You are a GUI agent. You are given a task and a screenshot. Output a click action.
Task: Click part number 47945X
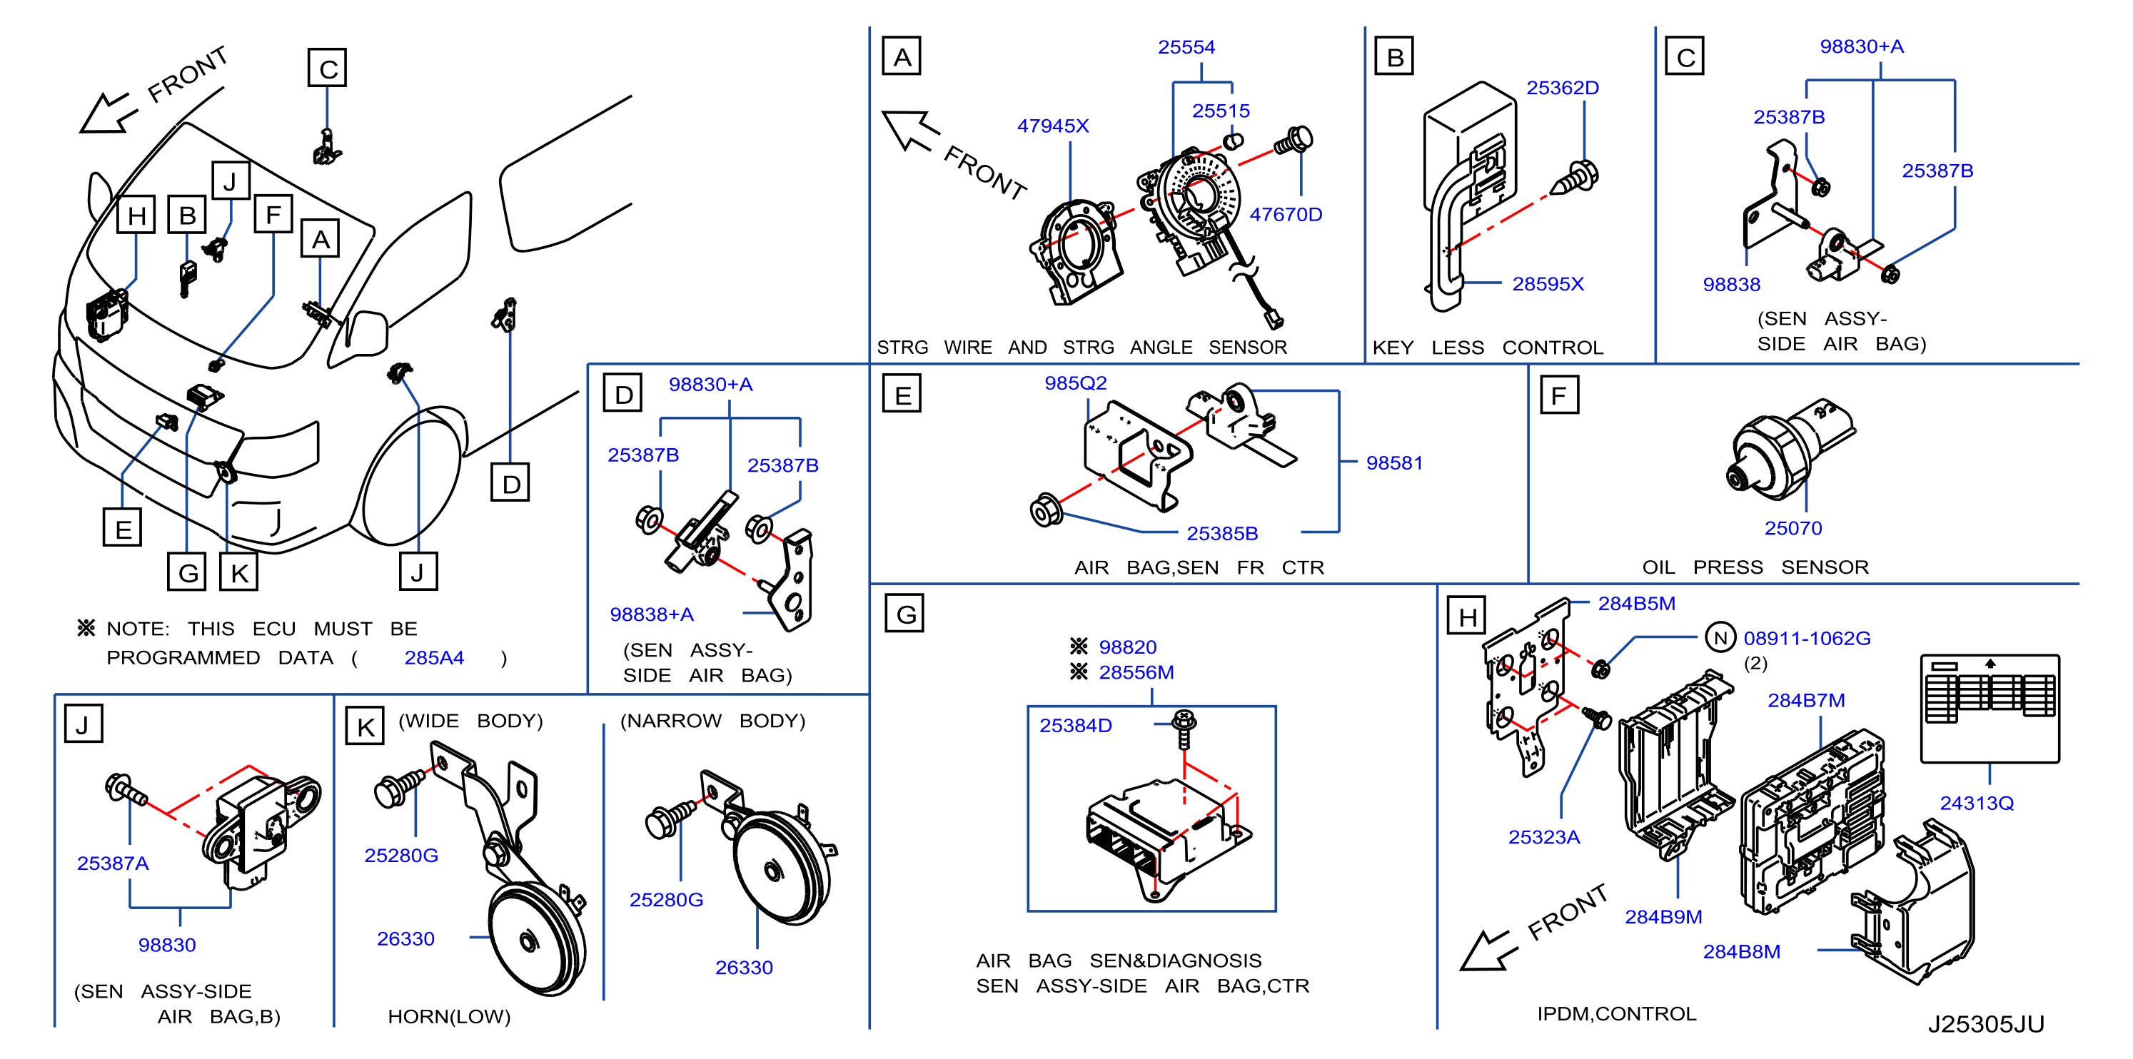click(1052, 126)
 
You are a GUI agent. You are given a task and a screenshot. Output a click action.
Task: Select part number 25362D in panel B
click(1562, 88)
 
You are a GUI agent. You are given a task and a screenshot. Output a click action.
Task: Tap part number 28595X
click(1548, 284)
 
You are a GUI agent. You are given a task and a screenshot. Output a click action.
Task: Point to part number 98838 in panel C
click(1730, 285)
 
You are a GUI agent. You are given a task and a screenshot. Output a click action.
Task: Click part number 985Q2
click(1075, 383)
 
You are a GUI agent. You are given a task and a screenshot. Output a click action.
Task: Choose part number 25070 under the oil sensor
click(1792, 528)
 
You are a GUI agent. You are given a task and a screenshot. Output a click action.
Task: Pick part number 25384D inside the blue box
click(1075, 725)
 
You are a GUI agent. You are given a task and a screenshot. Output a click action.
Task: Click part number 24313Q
click(1977, 803)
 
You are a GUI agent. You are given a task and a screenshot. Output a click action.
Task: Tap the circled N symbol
click(1720, 637)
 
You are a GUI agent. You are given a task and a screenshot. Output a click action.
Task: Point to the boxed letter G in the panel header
click(904, 614)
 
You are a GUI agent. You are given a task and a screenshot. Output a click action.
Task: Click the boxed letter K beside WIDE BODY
click(365, 726)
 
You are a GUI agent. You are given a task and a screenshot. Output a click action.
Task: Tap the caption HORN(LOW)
click(449, 1017)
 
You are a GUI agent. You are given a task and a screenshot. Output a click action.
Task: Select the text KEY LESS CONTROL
click(1487, 348)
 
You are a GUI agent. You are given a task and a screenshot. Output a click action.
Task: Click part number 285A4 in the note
click(434, 658)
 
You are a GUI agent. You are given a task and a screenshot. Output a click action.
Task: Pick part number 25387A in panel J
click(113, 863)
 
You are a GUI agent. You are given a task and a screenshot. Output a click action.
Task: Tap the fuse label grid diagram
click(1990, 708)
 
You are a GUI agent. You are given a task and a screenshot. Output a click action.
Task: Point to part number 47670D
click(1285, 216)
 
